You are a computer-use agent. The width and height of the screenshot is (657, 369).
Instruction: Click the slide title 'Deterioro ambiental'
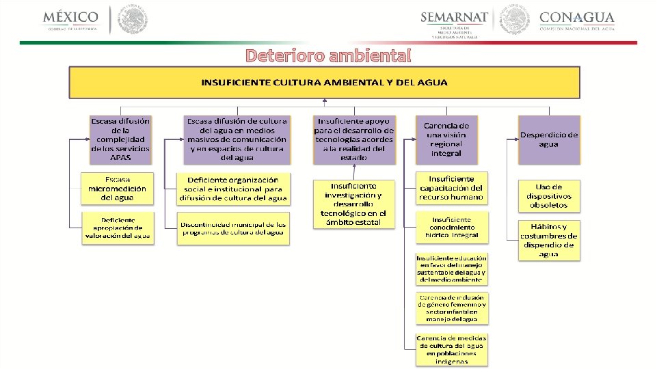[328, 55]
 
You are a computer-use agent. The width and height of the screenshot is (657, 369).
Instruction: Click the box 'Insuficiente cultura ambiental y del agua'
[324, 83]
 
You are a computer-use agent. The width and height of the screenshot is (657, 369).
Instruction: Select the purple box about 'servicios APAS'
[120, 139]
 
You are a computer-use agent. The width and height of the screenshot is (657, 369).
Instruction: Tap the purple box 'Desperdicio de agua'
[548, 139]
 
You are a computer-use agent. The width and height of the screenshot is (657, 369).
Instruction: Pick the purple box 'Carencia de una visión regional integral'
[446, 139]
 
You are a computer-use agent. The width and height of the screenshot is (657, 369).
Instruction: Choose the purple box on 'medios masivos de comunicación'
[237, 139]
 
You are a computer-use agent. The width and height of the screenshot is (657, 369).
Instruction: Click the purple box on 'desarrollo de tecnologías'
[354, 139]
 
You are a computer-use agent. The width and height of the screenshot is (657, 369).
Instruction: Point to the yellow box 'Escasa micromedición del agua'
[117, 188]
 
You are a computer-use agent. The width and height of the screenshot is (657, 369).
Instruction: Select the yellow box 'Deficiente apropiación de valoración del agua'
[117, 228]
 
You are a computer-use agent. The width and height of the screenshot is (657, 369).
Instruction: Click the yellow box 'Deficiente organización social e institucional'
[234, 189]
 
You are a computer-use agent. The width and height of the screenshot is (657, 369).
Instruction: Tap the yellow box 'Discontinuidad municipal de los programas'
[234, 228]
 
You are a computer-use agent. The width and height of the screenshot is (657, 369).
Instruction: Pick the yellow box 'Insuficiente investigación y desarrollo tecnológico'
[353, 204]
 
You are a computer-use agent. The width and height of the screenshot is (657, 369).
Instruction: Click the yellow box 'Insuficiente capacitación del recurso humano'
[451, 188]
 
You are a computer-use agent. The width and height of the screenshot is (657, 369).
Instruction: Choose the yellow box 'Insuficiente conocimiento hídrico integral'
[451, 228]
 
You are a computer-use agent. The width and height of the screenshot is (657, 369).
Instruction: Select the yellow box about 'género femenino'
[451, 308]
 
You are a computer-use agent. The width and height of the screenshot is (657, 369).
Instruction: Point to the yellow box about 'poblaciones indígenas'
[451, 349]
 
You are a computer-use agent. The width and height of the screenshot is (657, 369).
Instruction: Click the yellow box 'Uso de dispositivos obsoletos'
[548, 195]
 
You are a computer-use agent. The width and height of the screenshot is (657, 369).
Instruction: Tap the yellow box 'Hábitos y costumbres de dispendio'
[548, 240]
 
